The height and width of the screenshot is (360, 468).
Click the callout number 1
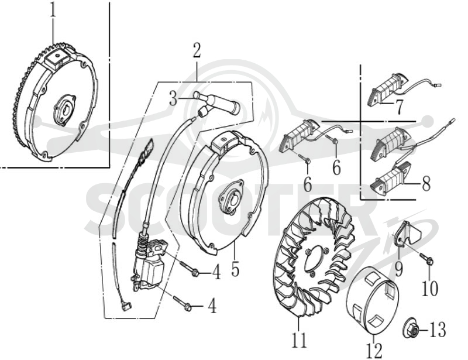[x=53, y=11]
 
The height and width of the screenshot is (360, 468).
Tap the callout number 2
[x=197, y=51]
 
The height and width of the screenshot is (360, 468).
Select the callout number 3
[x=173, y=99]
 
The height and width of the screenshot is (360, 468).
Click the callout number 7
[x=399, y=107]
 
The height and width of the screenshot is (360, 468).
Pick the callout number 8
[x=426, y=184]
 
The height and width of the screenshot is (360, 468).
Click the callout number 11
[x=299, y=340]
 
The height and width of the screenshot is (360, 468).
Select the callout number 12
[x=374, y=350]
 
